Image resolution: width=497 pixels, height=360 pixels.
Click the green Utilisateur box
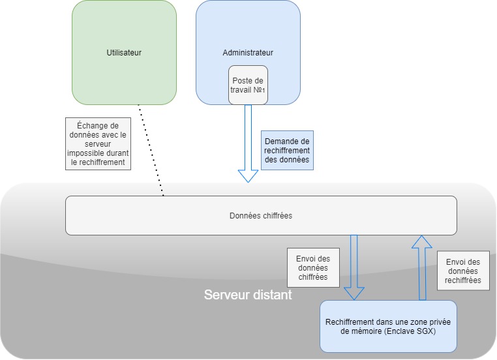click(124, 72)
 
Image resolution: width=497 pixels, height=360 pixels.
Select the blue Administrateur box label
click(248, 53)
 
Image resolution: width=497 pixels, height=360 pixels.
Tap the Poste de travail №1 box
click(248, 85)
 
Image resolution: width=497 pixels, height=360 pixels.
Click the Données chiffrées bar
click(261, 215)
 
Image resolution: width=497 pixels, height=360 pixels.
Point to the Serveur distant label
click(248, 295)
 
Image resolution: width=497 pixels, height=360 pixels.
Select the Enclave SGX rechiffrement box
click(388, 326)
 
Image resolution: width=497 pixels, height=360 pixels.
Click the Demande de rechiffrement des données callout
click(287, 151)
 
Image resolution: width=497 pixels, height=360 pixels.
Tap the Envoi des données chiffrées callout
click(312, 267)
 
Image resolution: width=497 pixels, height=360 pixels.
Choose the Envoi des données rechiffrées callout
click(463, 271)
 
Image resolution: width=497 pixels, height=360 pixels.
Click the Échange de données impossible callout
click(98, 143)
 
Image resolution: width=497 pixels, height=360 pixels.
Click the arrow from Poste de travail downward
click(248, 137)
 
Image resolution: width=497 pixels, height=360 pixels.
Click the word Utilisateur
click(124, 53)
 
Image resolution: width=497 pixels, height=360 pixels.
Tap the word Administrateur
click(248, 53)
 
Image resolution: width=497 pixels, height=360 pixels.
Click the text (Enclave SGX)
click(412, 331)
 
